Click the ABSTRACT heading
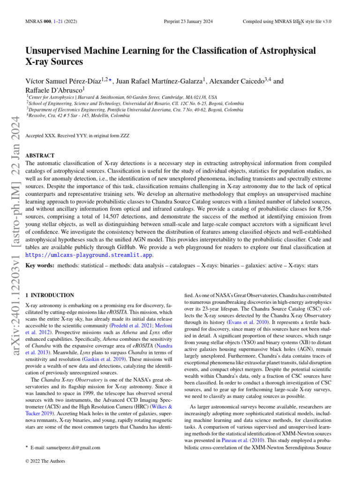tap(40, 155)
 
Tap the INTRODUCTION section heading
tap(52, 295)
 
